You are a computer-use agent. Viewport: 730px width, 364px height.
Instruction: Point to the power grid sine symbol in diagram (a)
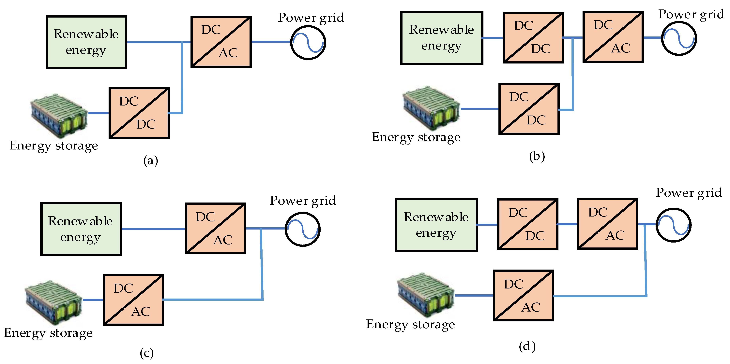(x=308, y=43)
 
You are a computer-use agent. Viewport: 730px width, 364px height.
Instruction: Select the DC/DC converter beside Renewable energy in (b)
(x=533, y=37)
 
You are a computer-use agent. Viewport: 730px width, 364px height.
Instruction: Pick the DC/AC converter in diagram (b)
(x=613, y=37)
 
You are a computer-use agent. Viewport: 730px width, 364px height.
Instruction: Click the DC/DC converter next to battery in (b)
(x=529, y=109)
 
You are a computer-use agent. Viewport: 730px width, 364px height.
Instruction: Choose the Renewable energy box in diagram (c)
(x=81, y=229)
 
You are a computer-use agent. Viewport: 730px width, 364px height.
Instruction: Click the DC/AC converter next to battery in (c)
(x=133, y=300)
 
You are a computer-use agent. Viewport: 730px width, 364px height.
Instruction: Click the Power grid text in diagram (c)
(x=302, y=201)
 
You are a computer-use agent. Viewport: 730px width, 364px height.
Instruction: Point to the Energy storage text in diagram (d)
(x=410, y=324)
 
